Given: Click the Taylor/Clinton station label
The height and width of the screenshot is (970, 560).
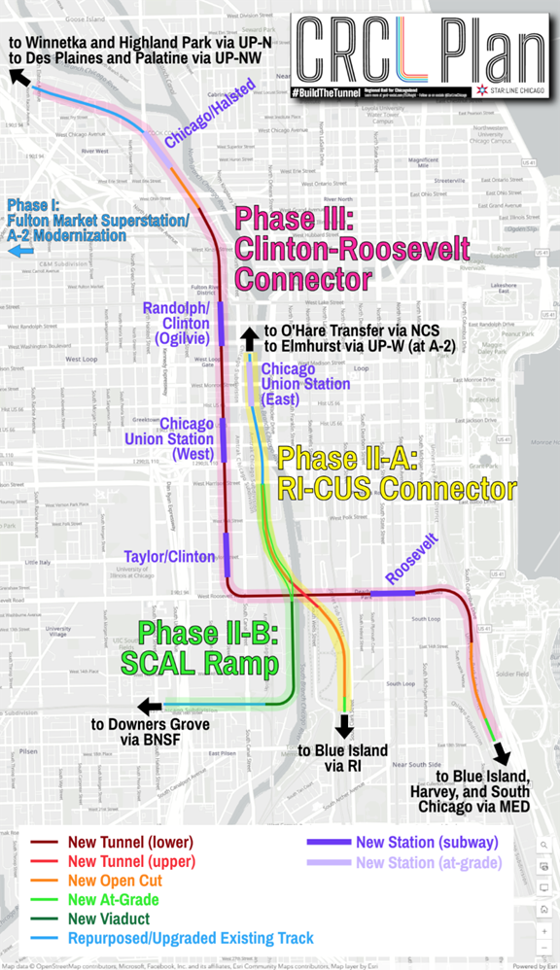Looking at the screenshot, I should (169, 556).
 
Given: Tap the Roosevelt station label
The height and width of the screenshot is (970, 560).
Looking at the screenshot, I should (412, 561).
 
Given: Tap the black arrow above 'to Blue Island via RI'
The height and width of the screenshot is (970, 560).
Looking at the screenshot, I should (343, 727).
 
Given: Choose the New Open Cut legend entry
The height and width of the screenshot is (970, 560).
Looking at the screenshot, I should (112, 881).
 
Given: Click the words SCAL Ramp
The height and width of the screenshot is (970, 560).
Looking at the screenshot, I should (207, 666).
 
